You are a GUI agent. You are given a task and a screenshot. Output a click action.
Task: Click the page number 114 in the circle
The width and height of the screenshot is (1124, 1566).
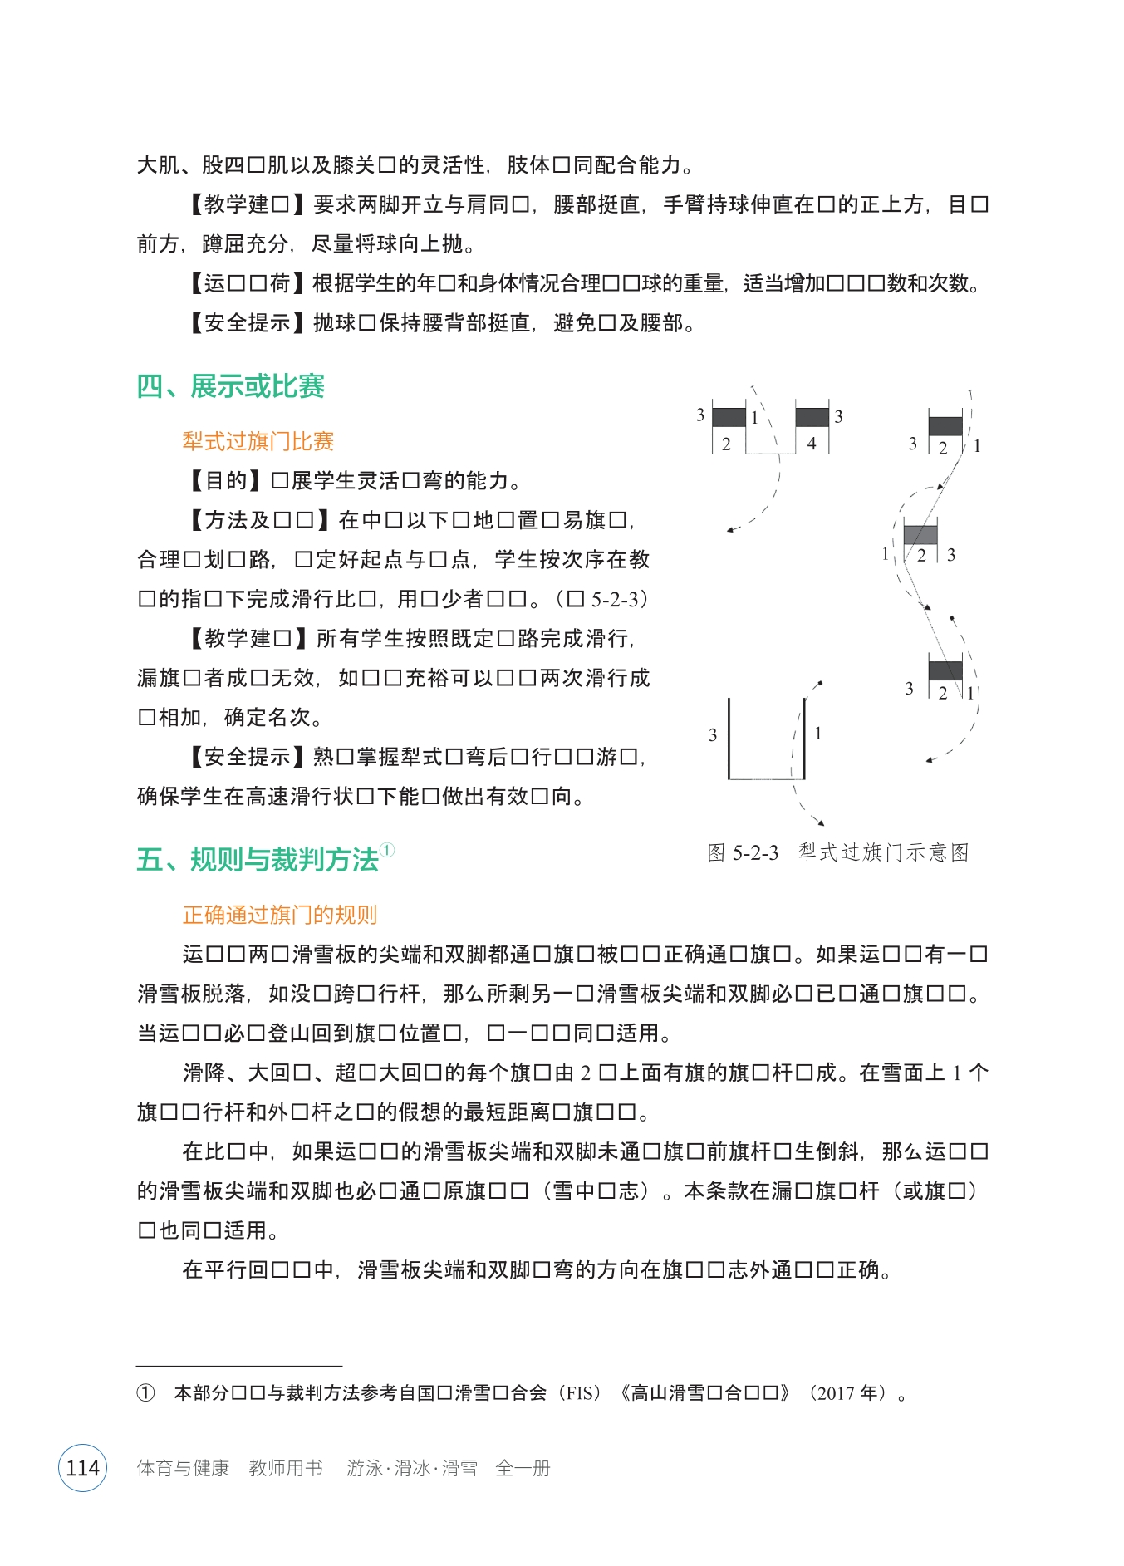click(82, 1468)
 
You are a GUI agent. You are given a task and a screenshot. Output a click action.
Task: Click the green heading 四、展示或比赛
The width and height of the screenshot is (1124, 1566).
click(230, 386)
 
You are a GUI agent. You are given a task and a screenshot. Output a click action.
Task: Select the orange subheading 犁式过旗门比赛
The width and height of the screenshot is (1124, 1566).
click(258, 441)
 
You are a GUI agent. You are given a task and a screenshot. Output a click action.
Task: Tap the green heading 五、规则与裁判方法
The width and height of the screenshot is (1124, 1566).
click(257, 859)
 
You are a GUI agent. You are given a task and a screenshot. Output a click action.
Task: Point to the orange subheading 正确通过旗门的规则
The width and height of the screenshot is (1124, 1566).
click(279, 915)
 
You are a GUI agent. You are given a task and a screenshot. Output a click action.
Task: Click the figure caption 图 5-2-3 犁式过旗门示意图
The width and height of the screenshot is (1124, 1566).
click(837, 852)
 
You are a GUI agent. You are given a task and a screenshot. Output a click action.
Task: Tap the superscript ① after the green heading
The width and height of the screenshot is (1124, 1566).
click(387, 850)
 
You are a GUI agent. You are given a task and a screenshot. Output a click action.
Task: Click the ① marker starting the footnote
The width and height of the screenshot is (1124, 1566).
click(145, 1393)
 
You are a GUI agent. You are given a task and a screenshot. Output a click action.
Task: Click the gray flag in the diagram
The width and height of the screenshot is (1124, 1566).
click(920, 534)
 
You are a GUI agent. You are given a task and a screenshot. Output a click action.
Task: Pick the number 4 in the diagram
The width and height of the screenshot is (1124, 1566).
click(812, 444)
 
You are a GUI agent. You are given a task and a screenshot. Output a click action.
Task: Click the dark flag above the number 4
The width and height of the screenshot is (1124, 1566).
click(812, 417)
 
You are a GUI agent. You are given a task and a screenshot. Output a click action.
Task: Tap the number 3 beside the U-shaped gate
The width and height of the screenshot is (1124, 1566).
click(713, 735)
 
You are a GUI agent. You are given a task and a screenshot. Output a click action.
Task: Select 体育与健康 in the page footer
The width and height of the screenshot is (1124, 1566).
click(183, 1468)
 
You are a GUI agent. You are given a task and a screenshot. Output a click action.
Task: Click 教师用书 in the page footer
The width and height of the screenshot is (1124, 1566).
click(286, 1468)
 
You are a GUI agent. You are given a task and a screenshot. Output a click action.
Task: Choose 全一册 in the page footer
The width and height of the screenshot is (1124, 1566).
click(523, 1468)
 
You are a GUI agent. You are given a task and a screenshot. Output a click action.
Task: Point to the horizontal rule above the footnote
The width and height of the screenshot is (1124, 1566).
click(238, 1365)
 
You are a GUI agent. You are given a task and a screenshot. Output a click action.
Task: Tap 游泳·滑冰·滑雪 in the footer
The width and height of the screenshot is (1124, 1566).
click(411, 1468)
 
